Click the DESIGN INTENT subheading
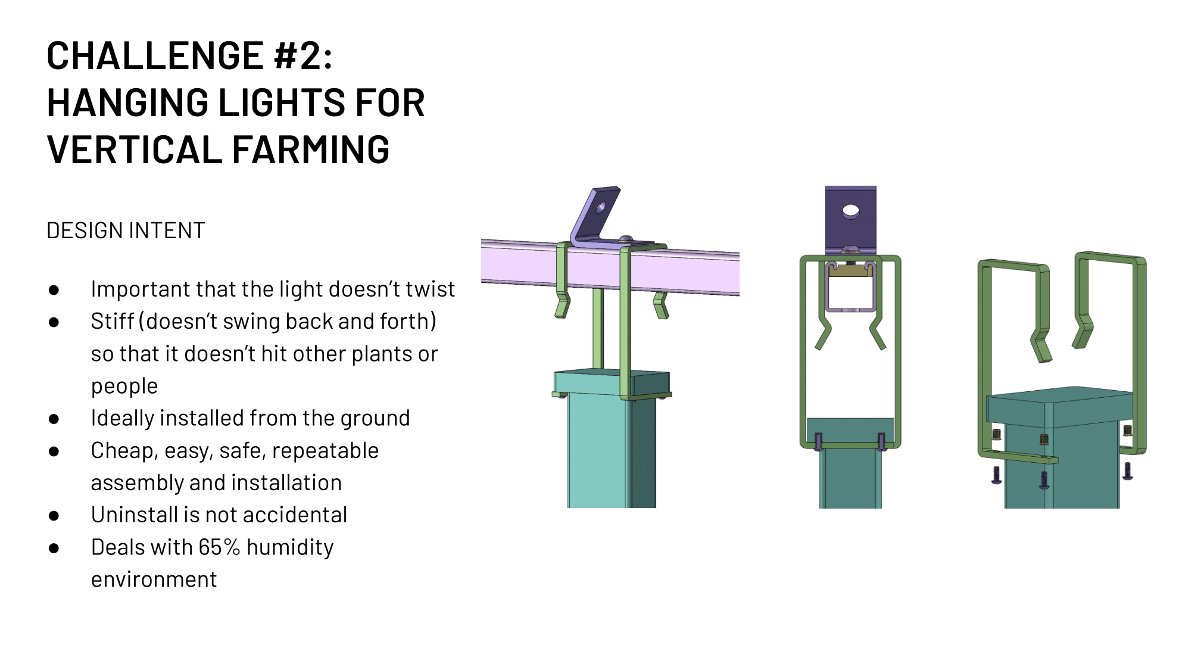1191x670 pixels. tap(126, 230)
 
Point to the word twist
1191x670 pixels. tap(430, 289)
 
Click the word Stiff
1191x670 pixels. tap(112, 321)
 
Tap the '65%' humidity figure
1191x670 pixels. tap(219, 547)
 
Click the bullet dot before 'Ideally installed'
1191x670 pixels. tap(54, 419)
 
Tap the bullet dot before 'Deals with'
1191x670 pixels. tap(54, 548)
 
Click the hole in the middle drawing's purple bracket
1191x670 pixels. tap(850, 211)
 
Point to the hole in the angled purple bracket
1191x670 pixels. tap(600, 208)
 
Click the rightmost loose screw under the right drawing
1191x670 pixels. tap(1127, 471)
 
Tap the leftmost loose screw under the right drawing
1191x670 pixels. tap(996, 475)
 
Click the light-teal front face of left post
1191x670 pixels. tap(595, 453)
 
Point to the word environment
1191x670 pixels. tap(154, 579)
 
